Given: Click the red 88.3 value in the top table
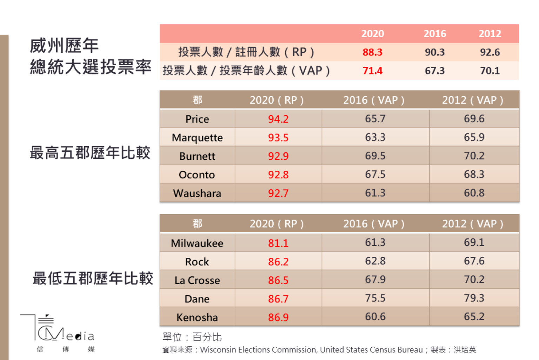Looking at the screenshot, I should pos(372,52).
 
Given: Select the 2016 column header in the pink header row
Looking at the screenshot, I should pos(435,34).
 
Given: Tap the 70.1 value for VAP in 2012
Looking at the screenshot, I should pos(490,71).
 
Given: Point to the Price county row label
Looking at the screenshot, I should pos(197,119).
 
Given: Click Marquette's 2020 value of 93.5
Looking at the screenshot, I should pos(278,137).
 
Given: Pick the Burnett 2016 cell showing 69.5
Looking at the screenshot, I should pos(375,156).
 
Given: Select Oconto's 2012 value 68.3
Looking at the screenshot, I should pos(474,174).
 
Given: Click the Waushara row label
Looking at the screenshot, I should pos(197,193).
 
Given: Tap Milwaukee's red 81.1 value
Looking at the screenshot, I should pos(278,243).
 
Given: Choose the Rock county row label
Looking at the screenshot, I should pos(197,262).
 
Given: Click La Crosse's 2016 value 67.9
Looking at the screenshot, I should pos(375,280).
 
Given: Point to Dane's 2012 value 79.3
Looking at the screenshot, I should pos(474,298).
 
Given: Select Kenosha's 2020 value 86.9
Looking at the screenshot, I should pos(278,318).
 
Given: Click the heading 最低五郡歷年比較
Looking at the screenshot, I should pos(93,279).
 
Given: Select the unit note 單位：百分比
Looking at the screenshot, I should pos(192,337).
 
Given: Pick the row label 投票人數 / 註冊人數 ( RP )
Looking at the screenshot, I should pos(246,52).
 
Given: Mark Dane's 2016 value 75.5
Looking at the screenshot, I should pos(375,298).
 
